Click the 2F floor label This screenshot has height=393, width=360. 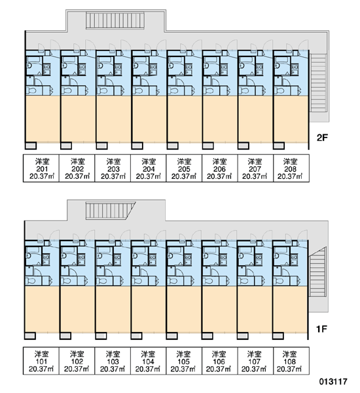[322, 138]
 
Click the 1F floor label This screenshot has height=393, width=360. [321, 329]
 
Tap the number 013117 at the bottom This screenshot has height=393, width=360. [333, 382]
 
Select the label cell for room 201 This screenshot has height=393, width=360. [41, 168]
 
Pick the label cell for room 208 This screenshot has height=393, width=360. [291, 168]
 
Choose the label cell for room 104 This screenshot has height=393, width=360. [148, 361]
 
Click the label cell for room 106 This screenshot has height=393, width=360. [219, 361]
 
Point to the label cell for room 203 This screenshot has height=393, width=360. [113, 168]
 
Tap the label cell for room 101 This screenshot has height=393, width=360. [41, 361]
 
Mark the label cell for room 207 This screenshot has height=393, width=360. [255, 168]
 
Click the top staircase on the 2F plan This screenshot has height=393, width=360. [115, 21]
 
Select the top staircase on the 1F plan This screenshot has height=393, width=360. [110, 210]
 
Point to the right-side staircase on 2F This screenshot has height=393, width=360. [318, 83]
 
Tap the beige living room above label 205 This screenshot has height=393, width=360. [184, 119]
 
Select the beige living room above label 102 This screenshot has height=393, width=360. [77, 309]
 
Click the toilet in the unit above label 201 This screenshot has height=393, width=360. [31, 90]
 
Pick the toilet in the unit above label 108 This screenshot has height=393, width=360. [278, 281]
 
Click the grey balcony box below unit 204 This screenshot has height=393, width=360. [137, 145]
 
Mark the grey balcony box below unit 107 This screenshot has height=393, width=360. [243, 336]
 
